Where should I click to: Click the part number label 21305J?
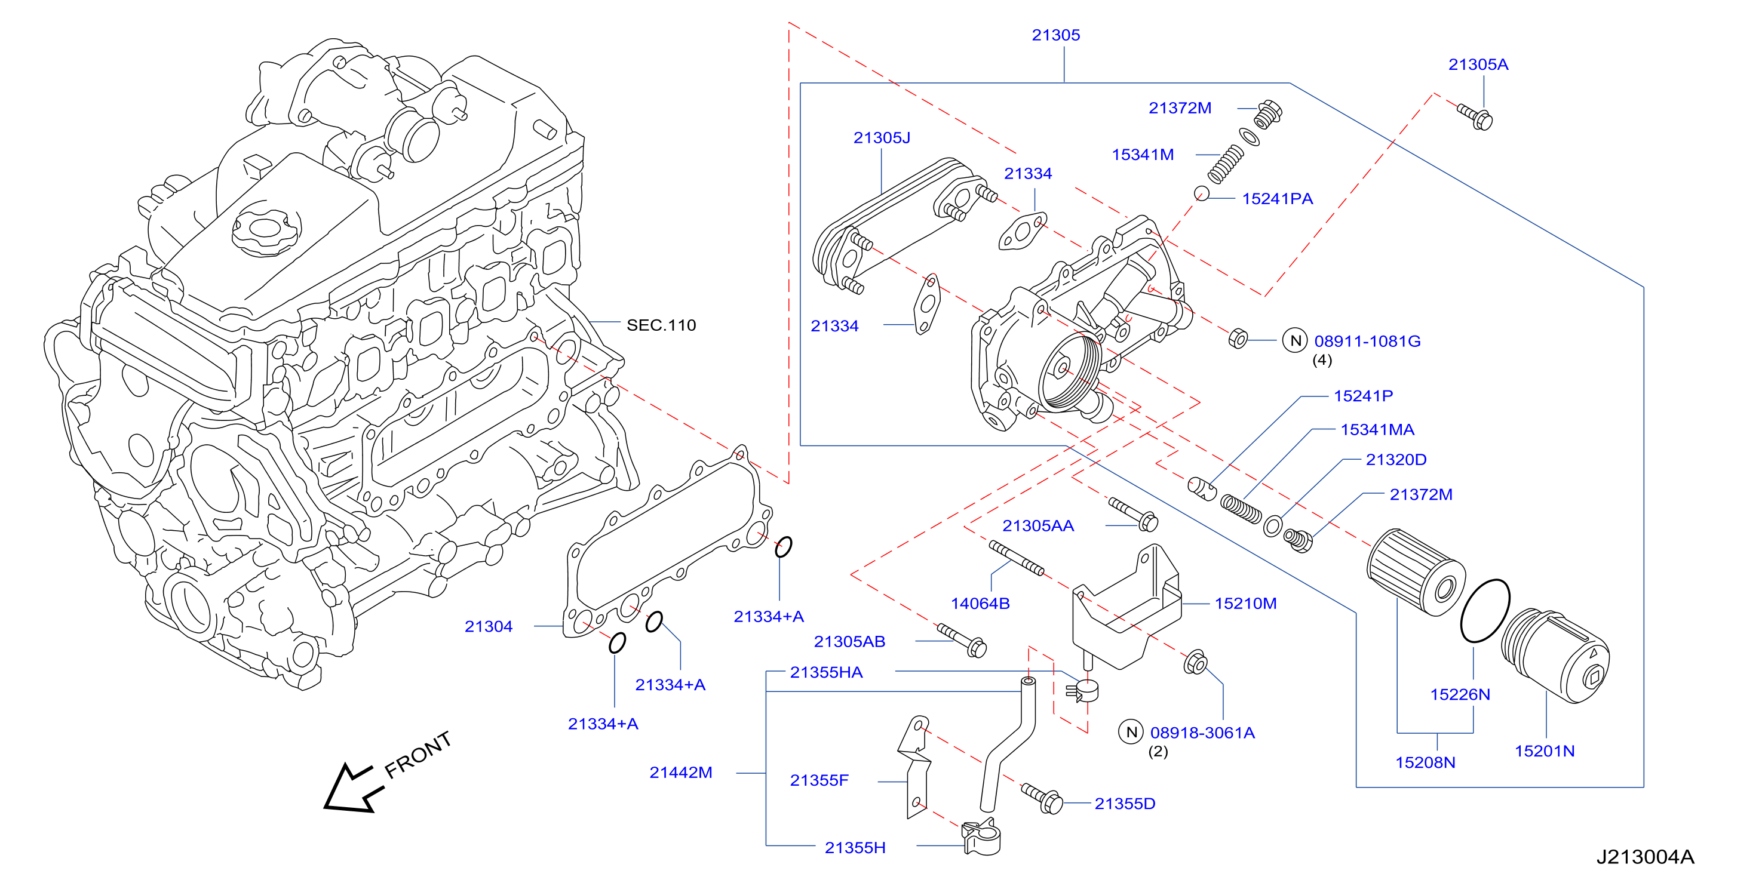pos(882,137)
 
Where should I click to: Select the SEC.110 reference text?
pos(661,325)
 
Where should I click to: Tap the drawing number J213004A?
pos(1645,857)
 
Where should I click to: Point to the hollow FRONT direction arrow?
pos(353,788)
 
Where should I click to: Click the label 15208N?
pos(1426,762)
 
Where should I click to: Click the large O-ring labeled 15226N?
pos(1485,611)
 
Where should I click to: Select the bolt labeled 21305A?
pos(1475,117)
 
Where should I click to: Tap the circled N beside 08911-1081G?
pos(1295,340)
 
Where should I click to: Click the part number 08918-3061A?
pos(1202,733)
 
